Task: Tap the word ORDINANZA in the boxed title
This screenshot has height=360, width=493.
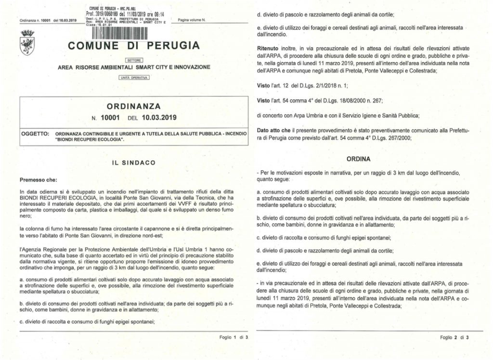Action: tap(133, 105)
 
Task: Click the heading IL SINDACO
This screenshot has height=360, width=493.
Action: tap(133, 162)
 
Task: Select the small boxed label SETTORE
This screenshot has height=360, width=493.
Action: tap(134, 60)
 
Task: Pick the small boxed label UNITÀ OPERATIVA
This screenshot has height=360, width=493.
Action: tap(134, 77)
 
